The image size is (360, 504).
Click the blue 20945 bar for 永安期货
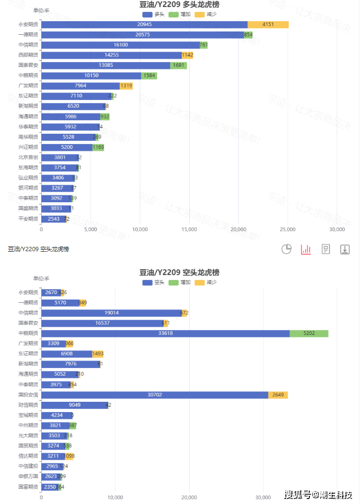[144, 24]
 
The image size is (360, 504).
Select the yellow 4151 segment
[268, 24]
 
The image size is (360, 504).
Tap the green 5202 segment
[309, 333]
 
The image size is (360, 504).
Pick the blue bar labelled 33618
[165, 333]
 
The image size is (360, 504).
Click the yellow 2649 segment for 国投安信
[278, 395]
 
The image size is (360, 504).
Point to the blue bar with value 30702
[155, 395]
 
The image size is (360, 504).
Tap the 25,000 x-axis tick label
[288, 229]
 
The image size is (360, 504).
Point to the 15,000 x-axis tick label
[189, 229]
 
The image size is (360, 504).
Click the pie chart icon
[287, 249]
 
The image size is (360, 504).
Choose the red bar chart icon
[306, 249]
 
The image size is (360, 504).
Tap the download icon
[345, 249]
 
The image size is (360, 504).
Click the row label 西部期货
[28, 55]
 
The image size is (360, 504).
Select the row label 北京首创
[28, 158]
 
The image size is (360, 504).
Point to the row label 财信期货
[28, 405]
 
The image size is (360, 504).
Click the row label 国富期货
[28, 487]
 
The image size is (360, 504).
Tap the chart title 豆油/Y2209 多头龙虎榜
[183, 4]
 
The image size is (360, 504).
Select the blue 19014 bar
[111, 313]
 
